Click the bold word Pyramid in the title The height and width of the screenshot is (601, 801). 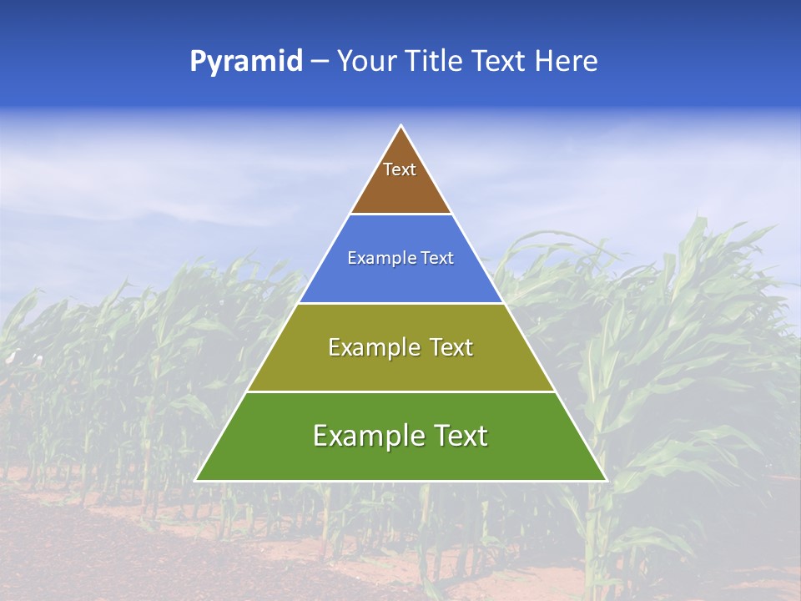[x=246, y=62]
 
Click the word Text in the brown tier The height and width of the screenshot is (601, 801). [x=400, y=169]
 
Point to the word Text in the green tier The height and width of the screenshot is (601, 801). [x=457, y=436]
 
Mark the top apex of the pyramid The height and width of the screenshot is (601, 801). [x=401, y=126]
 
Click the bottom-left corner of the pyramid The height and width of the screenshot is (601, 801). [x=196, y=480]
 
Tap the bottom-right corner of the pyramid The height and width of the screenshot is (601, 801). [x=606, y=480]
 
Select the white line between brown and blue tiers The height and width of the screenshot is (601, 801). [x=401, y=215]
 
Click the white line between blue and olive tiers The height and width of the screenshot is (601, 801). [x=401, y=303]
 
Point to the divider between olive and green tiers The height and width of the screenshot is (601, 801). [x=401, y=391]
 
